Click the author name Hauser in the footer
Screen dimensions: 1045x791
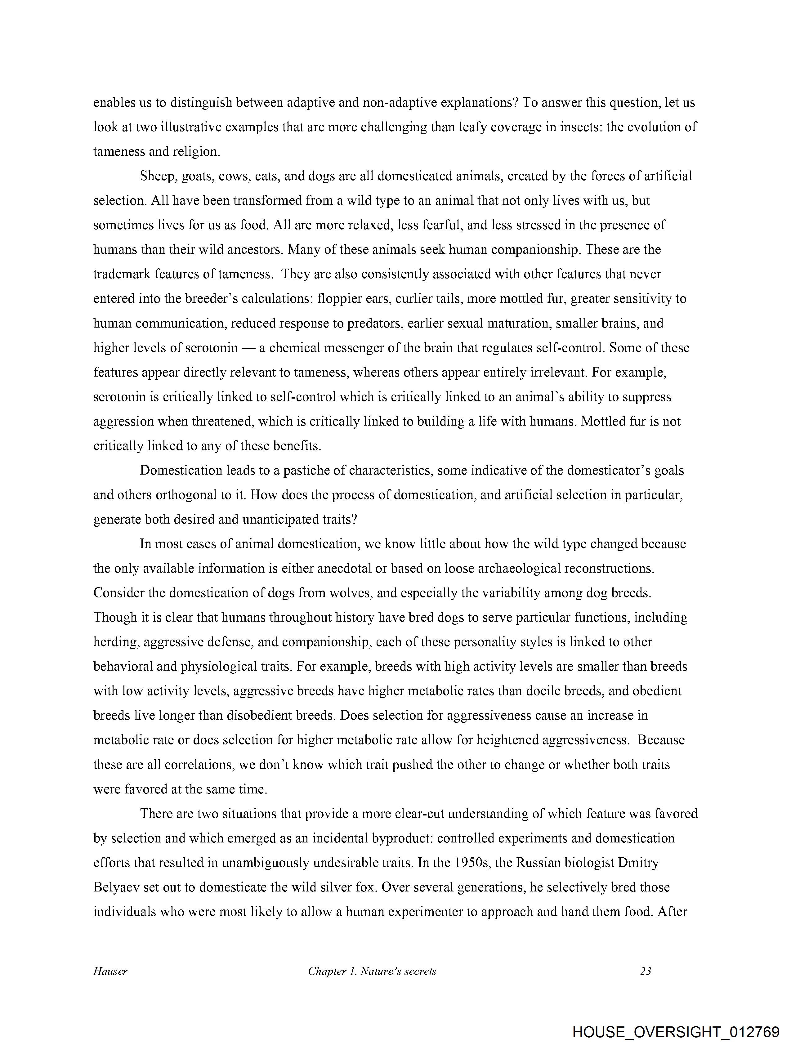[x=110, y=971]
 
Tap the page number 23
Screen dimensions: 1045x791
[x=646, y=971]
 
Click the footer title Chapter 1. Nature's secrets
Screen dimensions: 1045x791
[x=372, y=971]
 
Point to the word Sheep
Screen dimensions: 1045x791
[x=158, y=176]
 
